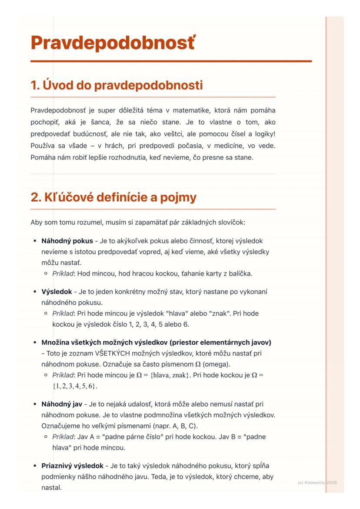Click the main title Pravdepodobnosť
click(x=113, y=43)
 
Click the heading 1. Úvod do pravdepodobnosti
click(x=117, y=85)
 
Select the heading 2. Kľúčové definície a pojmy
click(x=113, y=198)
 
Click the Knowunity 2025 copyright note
click(x=317, y=482)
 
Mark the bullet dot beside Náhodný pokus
click(x=34, y=241)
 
